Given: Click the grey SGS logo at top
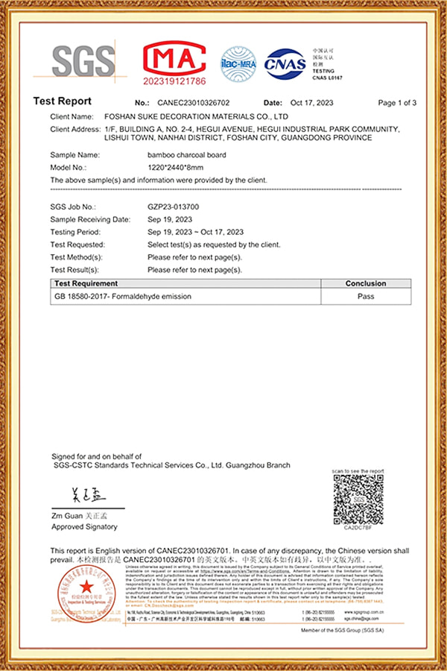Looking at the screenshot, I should coord(84,61).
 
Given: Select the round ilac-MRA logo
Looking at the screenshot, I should coord(238,63).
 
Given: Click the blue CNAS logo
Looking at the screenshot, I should coord(285,63).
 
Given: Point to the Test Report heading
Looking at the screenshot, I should coord(63,101).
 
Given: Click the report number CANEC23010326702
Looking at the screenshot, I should coord(194,103).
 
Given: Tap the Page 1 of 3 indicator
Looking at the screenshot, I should coord(397,103).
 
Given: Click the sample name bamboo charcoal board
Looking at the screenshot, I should coord(187,155).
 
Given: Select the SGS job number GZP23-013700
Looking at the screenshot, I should coord(173,207).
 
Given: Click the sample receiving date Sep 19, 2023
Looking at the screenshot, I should coord(170,219).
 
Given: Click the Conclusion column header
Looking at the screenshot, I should coord(365,283).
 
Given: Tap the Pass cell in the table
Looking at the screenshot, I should coord(365,296).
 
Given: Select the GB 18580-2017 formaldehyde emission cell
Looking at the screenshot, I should coord(123,296).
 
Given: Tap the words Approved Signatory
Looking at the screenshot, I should coord(84,526).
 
